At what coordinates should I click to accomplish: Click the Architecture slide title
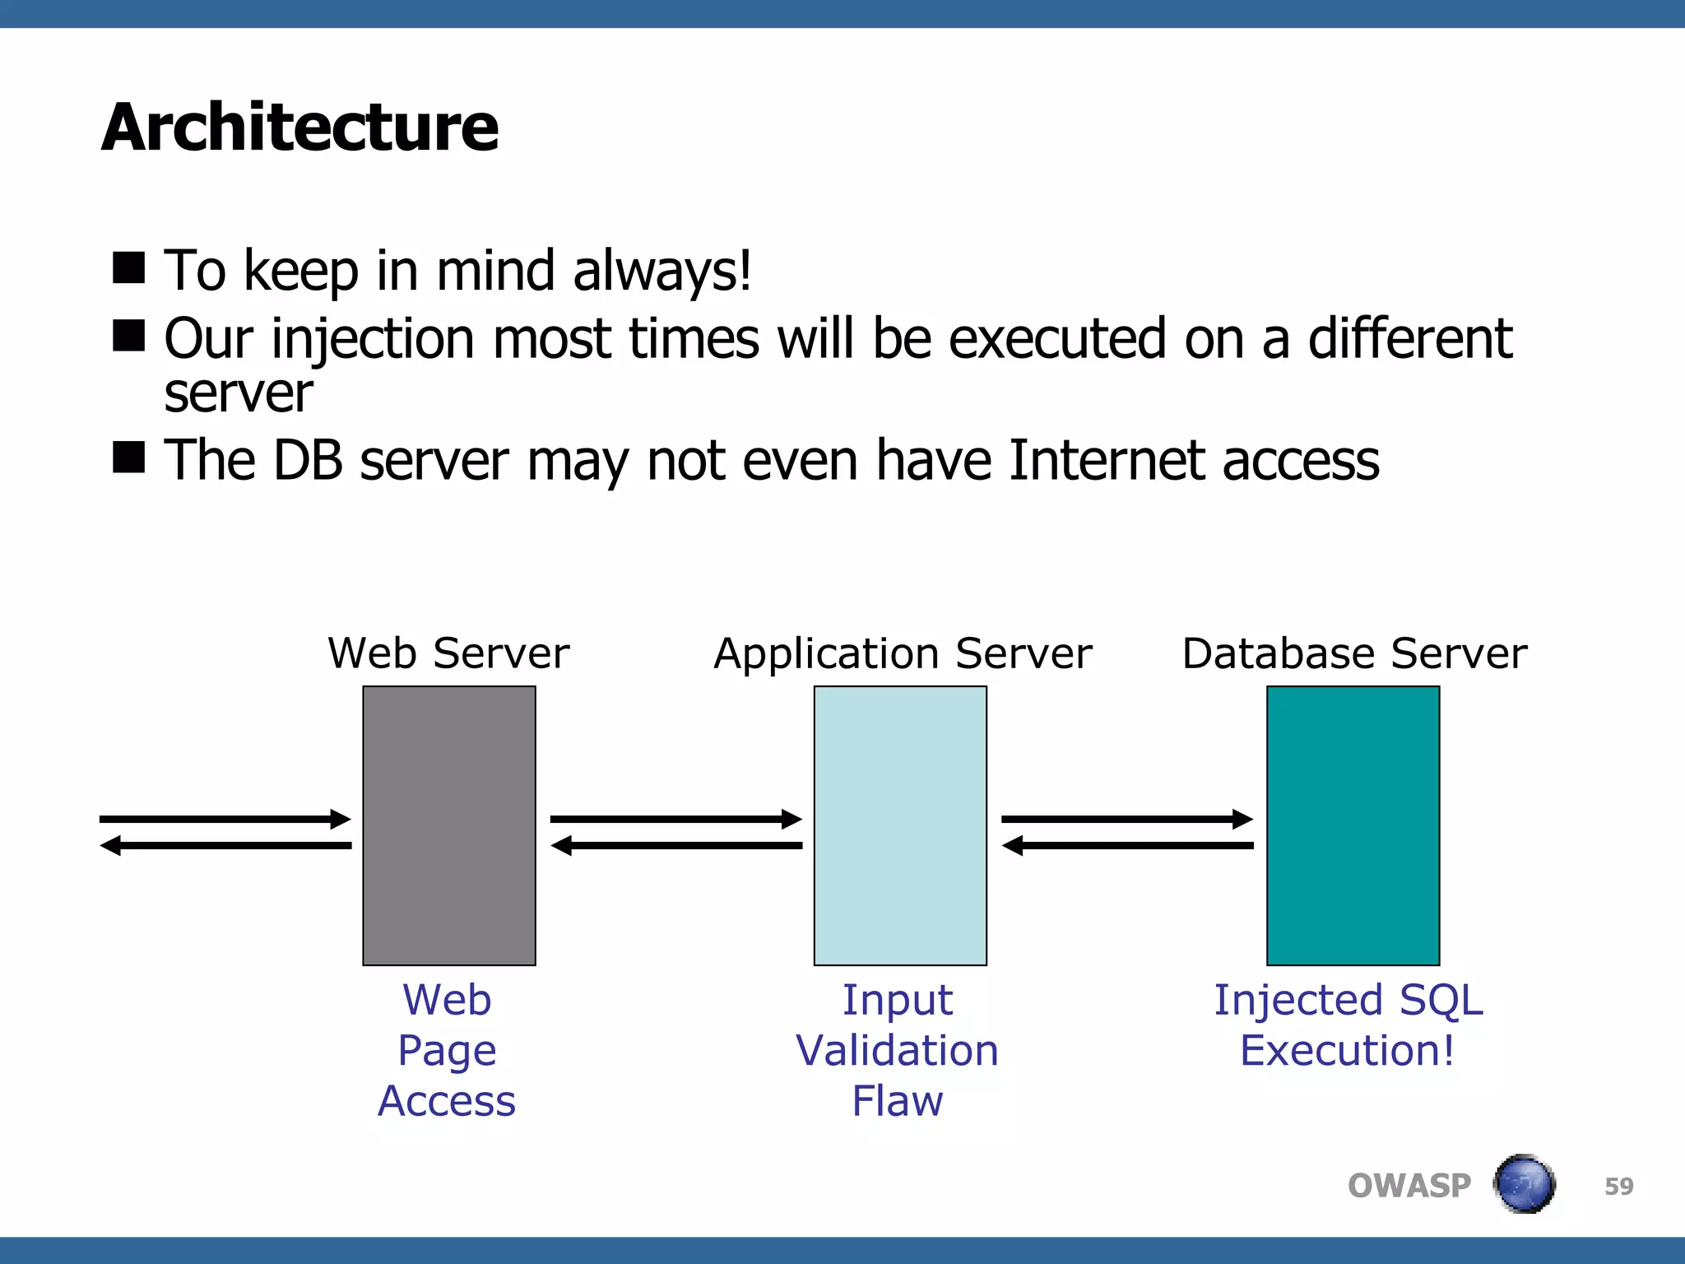[299, 128]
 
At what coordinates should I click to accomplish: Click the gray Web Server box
[449, 825]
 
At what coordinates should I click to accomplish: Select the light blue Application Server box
[900, 825]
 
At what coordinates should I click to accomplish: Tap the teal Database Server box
[1353, 825]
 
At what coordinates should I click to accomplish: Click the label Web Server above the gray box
[448, 653]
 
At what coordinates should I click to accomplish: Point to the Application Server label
[903, 653]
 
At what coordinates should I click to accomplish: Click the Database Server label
[1354, 653]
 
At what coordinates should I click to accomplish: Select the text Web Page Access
[447, 1050]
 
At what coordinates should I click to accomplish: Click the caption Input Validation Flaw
[897, 1050]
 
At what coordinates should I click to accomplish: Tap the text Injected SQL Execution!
[1348, 1025]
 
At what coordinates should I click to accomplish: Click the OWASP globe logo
[1524, 1184]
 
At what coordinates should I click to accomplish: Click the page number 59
[1618, 1186]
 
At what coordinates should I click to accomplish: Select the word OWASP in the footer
[1409, 1186]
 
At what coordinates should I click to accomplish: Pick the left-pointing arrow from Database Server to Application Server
[1127, 845]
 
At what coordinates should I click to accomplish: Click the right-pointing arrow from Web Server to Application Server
[675, 819]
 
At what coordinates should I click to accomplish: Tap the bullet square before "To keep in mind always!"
[129, 267]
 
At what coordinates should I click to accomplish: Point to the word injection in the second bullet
[373, 339]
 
